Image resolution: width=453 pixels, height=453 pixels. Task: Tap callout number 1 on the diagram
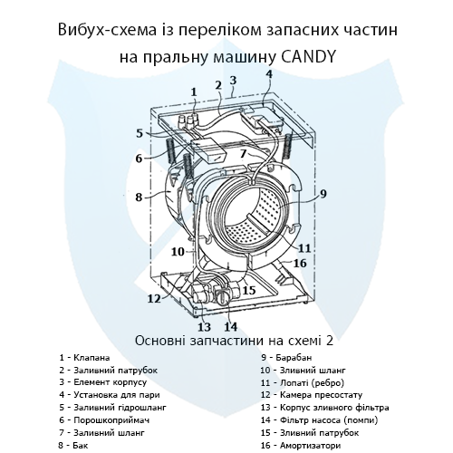193,91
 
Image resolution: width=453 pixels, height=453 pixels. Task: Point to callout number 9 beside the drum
323,193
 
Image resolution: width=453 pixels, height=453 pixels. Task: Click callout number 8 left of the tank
139,196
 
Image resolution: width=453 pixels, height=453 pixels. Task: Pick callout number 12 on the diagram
155,298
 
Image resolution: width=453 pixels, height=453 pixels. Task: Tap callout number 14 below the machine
231,327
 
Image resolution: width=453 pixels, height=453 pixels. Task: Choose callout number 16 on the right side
300,263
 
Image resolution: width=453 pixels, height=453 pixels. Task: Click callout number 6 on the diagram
139,159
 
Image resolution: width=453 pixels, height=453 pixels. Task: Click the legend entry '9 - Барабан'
284,358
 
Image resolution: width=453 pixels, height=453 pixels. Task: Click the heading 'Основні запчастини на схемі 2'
226,342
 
